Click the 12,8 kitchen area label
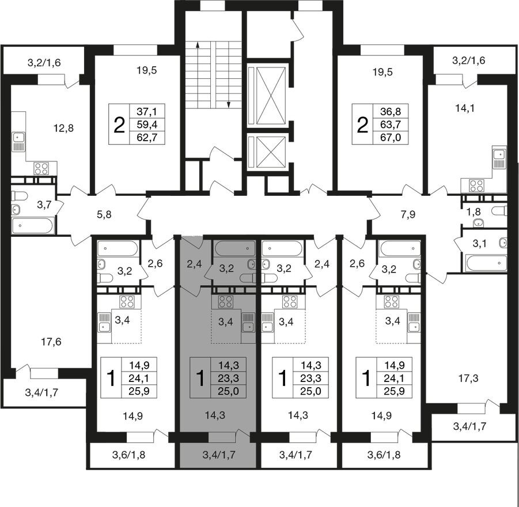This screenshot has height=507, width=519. [63, 128]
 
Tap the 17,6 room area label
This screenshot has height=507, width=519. [51, 342]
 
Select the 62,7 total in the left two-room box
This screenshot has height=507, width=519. [147, 137]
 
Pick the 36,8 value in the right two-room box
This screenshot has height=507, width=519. [391, 111]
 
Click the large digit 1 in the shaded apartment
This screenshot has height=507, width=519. [200, 378]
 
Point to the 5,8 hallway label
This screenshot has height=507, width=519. [104, 215]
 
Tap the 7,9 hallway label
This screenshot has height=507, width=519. [408, 215]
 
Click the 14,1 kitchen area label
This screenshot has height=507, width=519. [465, 108]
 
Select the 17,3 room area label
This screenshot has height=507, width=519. [469, 378]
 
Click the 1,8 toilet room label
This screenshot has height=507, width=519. [473, 211]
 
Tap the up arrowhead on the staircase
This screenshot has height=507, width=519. [198, 46]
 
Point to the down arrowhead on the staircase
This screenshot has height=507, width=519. [228, 105]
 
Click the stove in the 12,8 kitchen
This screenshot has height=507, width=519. [41, 168]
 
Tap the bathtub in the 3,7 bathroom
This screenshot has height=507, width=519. [32, 225]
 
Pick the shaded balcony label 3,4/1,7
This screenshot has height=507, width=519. [218, 455]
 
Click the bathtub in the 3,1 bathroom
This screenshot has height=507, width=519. [486, 263]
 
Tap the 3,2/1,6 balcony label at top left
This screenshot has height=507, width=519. [44, 63]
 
